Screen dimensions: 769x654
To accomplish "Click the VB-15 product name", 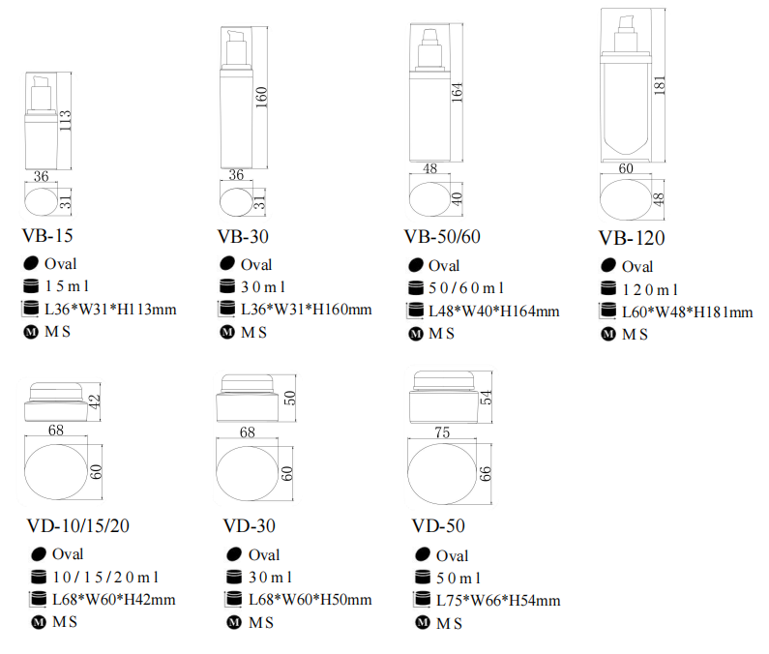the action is click(47, 236).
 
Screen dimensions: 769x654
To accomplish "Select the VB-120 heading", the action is click(632, 238).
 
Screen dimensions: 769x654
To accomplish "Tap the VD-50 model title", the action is click(438, 526).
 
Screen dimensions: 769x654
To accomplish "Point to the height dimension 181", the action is click(660, 85).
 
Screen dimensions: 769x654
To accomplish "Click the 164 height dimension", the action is click(457, 92).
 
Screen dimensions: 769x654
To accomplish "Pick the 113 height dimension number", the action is click(65, 121).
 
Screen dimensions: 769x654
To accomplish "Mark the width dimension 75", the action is click(442, 432).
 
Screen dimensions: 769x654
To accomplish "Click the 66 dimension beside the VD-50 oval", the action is click(485, 474).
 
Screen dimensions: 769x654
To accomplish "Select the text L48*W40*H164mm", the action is click(494, 312).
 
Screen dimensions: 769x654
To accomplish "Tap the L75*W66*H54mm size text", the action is click(498, 601).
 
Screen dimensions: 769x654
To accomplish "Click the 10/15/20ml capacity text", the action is click(106, 578).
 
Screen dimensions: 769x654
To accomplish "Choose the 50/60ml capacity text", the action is click(466, 288).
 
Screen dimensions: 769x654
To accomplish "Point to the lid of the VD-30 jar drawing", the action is click(248, 384).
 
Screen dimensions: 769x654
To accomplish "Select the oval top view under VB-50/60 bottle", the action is click(429, 199).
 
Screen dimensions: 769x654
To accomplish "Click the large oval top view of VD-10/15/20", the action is click(56, 472).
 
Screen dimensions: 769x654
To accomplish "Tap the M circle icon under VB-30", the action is click(227, 332).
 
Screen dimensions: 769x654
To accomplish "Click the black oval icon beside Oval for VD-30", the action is click(234, 554).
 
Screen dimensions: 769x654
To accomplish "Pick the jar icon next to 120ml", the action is click(608, 288).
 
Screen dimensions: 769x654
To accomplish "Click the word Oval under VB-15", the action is click(60, 264).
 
